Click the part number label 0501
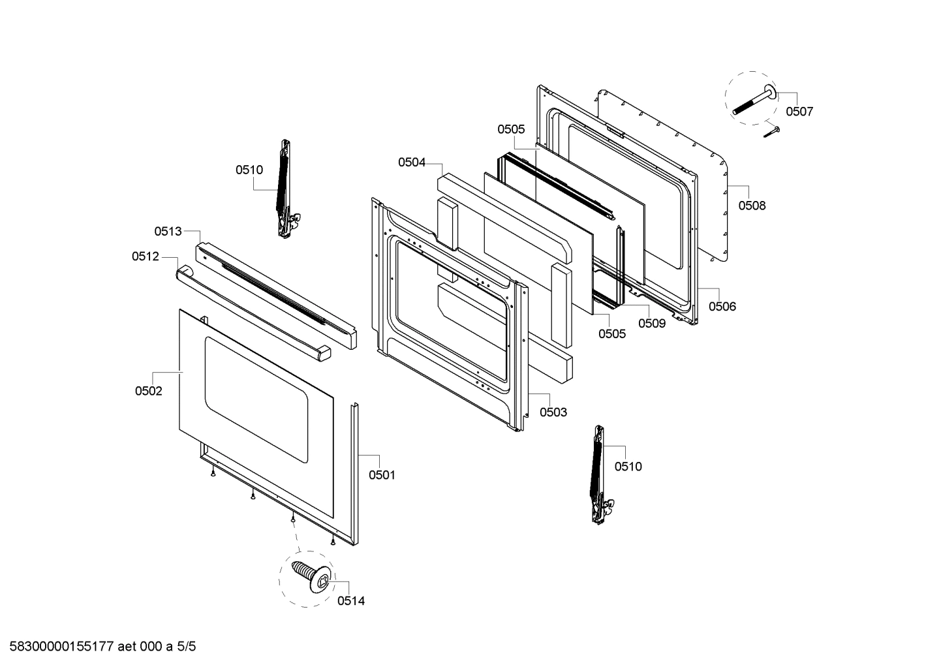382,475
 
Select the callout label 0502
149,391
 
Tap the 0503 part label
553,412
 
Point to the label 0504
412,162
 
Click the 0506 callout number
722,306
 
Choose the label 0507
799,112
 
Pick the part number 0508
752,206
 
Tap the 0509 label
652,323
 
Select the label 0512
146,256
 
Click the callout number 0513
168,231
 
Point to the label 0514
351,601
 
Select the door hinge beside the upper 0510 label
284,189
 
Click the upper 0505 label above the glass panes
511,129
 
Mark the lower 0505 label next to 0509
612,334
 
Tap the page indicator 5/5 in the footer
186,647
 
